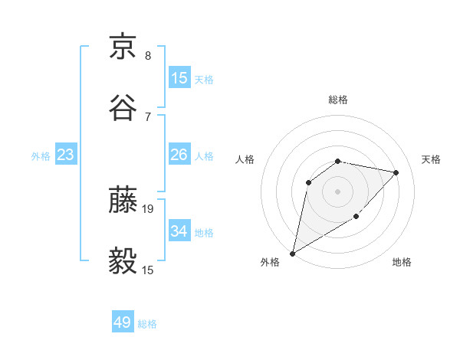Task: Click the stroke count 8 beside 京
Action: point(148,55)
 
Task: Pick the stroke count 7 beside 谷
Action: point(148,116)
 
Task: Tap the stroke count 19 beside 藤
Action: point(149,208)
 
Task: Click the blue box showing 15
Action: point(179,78)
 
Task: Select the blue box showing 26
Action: point(179,155)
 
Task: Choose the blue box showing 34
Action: point(179,231)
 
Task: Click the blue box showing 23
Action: point(66,155)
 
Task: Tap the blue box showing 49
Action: point(123,322)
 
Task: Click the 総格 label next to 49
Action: point(148,324)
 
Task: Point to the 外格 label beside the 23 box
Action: point(41,156)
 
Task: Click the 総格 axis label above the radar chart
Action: point(338,100)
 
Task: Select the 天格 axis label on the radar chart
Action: point(432,159)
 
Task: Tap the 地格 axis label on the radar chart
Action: point(402,263)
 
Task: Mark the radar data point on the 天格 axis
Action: point(396,172)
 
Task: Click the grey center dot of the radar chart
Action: point(338,191)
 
